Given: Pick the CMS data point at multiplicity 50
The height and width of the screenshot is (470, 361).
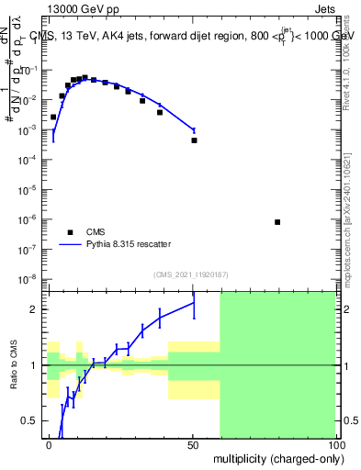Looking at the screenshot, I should click(194, 140).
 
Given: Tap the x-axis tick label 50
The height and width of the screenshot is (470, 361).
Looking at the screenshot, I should click(192, 444).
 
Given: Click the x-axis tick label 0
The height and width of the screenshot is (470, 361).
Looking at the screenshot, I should click(49, 444).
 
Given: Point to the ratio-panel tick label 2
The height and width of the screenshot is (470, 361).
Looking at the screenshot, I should click(34, 309).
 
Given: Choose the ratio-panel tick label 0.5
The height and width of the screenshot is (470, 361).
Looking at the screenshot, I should click(30, 420).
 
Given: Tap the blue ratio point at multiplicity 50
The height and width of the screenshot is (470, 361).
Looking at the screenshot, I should click(194, 302).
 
